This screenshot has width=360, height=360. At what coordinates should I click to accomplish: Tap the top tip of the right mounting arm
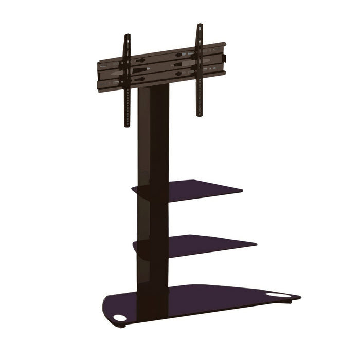[198, 25]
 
